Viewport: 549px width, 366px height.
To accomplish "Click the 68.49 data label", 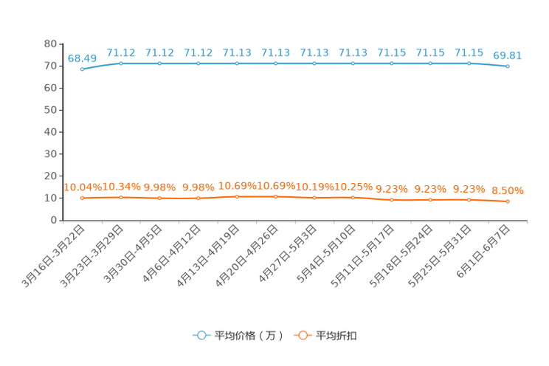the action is click(82, 58).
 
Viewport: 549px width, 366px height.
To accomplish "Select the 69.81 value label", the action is click(508, 55).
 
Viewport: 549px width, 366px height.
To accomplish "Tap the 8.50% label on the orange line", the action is click(508, 190).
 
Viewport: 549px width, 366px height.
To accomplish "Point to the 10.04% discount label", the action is click(83, 187).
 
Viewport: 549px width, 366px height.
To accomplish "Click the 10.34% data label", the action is click(121, 187).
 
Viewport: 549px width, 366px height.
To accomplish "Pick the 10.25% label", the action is click(353, 187).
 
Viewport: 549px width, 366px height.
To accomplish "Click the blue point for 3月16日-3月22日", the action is click(83, 69).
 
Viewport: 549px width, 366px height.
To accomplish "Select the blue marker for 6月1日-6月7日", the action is click(508, 66).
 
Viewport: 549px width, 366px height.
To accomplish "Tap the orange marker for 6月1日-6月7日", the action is click(508, 201).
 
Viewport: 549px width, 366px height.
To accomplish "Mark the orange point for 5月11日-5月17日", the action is click(392, 200).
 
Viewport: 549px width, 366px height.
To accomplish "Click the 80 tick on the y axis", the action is click(50, 44).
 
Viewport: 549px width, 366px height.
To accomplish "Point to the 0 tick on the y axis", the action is click(54, 221).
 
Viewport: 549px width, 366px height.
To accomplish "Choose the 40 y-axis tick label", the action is click(50, 132).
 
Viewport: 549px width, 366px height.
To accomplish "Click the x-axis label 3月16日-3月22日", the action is click(53, 256).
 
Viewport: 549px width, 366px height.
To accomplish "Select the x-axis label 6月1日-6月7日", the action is click(483, 251).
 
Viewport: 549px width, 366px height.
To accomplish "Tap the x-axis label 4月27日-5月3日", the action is click(288, 253).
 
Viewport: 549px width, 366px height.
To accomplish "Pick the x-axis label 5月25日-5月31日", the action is click(439, 256).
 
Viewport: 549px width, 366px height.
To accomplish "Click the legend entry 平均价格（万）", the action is click(238, 336).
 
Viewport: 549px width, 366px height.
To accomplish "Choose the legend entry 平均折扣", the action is click(325, 336).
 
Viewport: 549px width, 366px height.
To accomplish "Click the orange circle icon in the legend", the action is click(303, 336).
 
